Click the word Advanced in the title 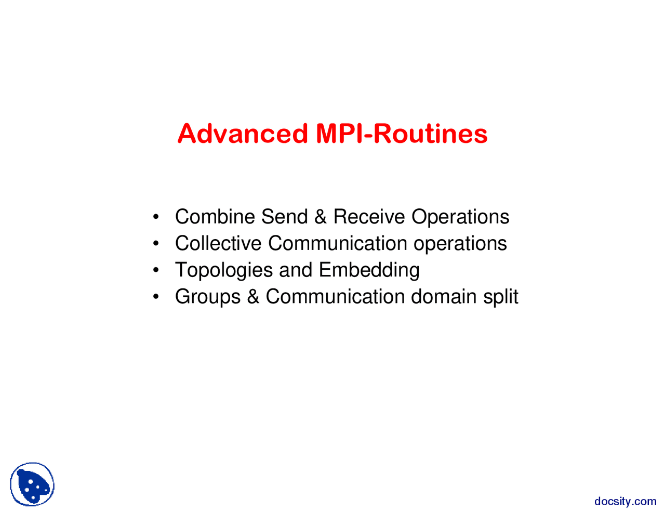click(x=243, y=134)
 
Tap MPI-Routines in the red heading click(x=402, y=134)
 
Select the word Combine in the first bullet click(x=215, y=217)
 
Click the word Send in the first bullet click(x=284, y=217)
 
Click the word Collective click(x=218, y=243)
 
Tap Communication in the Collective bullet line click(x=338, y=243)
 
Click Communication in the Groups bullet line click(x=335, y=296)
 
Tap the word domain click(x=444, y=296)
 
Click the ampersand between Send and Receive click(x=321, y=217)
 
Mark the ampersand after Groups click(x=253, y=296)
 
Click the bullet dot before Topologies click(x=156, y=270)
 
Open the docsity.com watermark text click(x=625, y=501)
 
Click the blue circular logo click(x=32, y=484)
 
